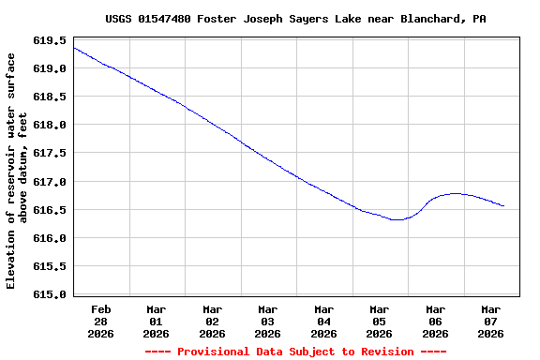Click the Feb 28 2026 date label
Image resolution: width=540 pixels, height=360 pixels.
tap(100, 321)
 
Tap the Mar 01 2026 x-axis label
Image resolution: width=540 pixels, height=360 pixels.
tap(156, 321)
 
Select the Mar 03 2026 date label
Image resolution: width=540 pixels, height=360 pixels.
tap(267, 321)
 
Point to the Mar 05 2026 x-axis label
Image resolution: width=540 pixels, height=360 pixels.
tap(379, 321)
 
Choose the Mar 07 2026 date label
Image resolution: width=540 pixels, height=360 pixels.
tap(490, 321)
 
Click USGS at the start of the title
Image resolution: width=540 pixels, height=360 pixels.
tap(118, 19)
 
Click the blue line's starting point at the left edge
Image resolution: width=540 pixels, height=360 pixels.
tap(73, 48)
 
